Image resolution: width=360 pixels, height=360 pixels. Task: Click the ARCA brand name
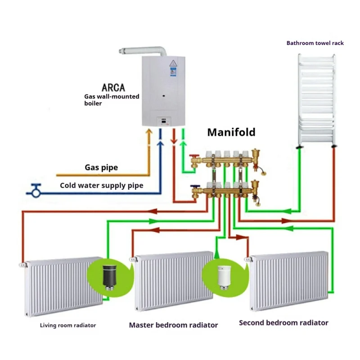113,87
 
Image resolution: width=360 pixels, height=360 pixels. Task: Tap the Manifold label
231,132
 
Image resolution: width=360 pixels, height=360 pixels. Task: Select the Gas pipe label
101,167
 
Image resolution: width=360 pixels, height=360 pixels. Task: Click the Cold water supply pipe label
102,185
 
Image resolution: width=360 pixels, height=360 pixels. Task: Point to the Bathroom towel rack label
315,43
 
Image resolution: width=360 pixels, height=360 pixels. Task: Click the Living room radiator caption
68,325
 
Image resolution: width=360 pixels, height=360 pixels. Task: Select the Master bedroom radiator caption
173,325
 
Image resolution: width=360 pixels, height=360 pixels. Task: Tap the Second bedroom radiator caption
283,323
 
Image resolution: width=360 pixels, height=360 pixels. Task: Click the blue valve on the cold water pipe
36,190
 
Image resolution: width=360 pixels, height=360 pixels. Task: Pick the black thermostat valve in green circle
109,277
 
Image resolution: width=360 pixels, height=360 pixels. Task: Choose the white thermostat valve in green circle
224,277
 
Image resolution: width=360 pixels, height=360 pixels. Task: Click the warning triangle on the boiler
173,63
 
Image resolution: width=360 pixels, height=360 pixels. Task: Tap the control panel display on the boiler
164,121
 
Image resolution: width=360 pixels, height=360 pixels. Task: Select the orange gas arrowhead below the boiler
149,131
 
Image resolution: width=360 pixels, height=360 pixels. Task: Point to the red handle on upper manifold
194,156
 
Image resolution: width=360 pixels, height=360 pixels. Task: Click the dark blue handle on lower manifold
195,186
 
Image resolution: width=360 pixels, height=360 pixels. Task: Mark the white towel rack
317,100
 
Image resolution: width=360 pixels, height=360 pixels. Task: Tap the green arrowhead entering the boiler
183,144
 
